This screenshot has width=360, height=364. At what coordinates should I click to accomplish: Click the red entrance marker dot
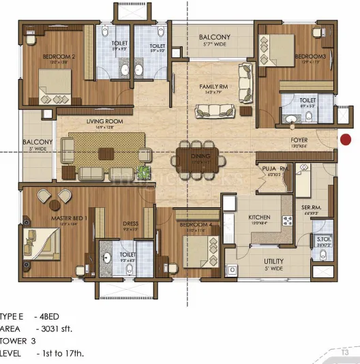346,140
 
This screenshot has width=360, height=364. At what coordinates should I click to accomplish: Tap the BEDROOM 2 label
40,57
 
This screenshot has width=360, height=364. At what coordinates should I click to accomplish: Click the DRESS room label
131,223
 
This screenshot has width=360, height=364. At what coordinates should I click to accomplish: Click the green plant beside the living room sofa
145,172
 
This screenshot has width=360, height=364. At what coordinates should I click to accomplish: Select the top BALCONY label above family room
215,37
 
